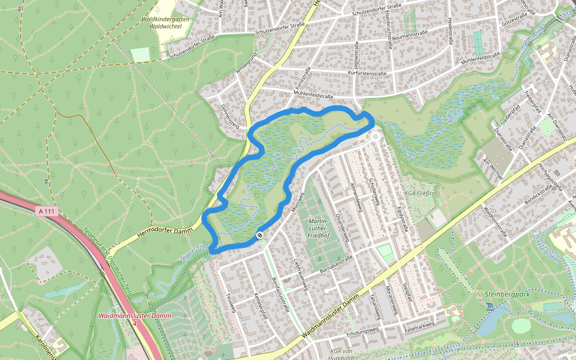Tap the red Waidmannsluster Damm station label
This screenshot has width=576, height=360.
[x=135, y=316]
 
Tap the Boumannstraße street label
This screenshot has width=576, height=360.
[x=409, y=34]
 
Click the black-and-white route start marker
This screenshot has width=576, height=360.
[x=260, y=235]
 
